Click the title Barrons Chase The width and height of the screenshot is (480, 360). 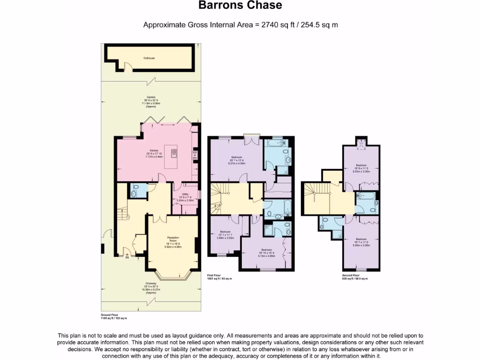click(240, 6)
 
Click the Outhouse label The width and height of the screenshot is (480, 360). click(149, 58)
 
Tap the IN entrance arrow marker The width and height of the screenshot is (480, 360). click(127, 256)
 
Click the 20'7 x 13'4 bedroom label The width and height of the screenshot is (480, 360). click(237, 159)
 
